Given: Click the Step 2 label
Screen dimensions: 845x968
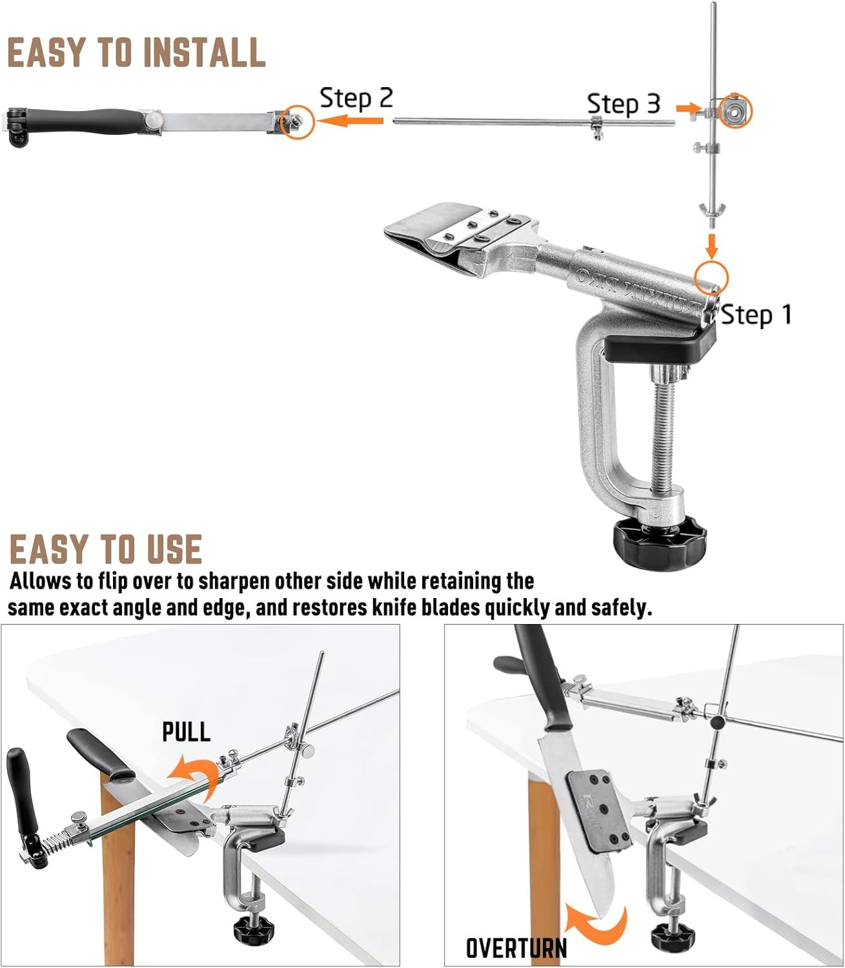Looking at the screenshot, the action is pos(356,98).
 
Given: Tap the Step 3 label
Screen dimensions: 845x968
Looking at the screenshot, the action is pos(624,104).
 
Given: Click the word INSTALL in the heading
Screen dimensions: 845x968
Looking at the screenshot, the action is pos(204,52).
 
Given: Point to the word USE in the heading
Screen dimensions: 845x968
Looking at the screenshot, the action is pos(174,549).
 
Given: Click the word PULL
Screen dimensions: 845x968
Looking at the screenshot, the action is pos(187,732).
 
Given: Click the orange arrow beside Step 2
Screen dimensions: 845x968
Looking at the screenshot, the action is pos(350,121).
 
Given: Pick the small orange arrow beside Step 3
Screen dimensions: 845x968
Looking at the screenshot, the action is pos(688,108).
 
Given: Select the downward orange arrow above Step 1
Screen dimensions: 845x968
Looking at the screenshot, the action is pos(711,245).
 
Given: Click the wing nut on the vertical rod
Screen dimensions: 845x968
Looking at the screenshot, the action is pos(712,208).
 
